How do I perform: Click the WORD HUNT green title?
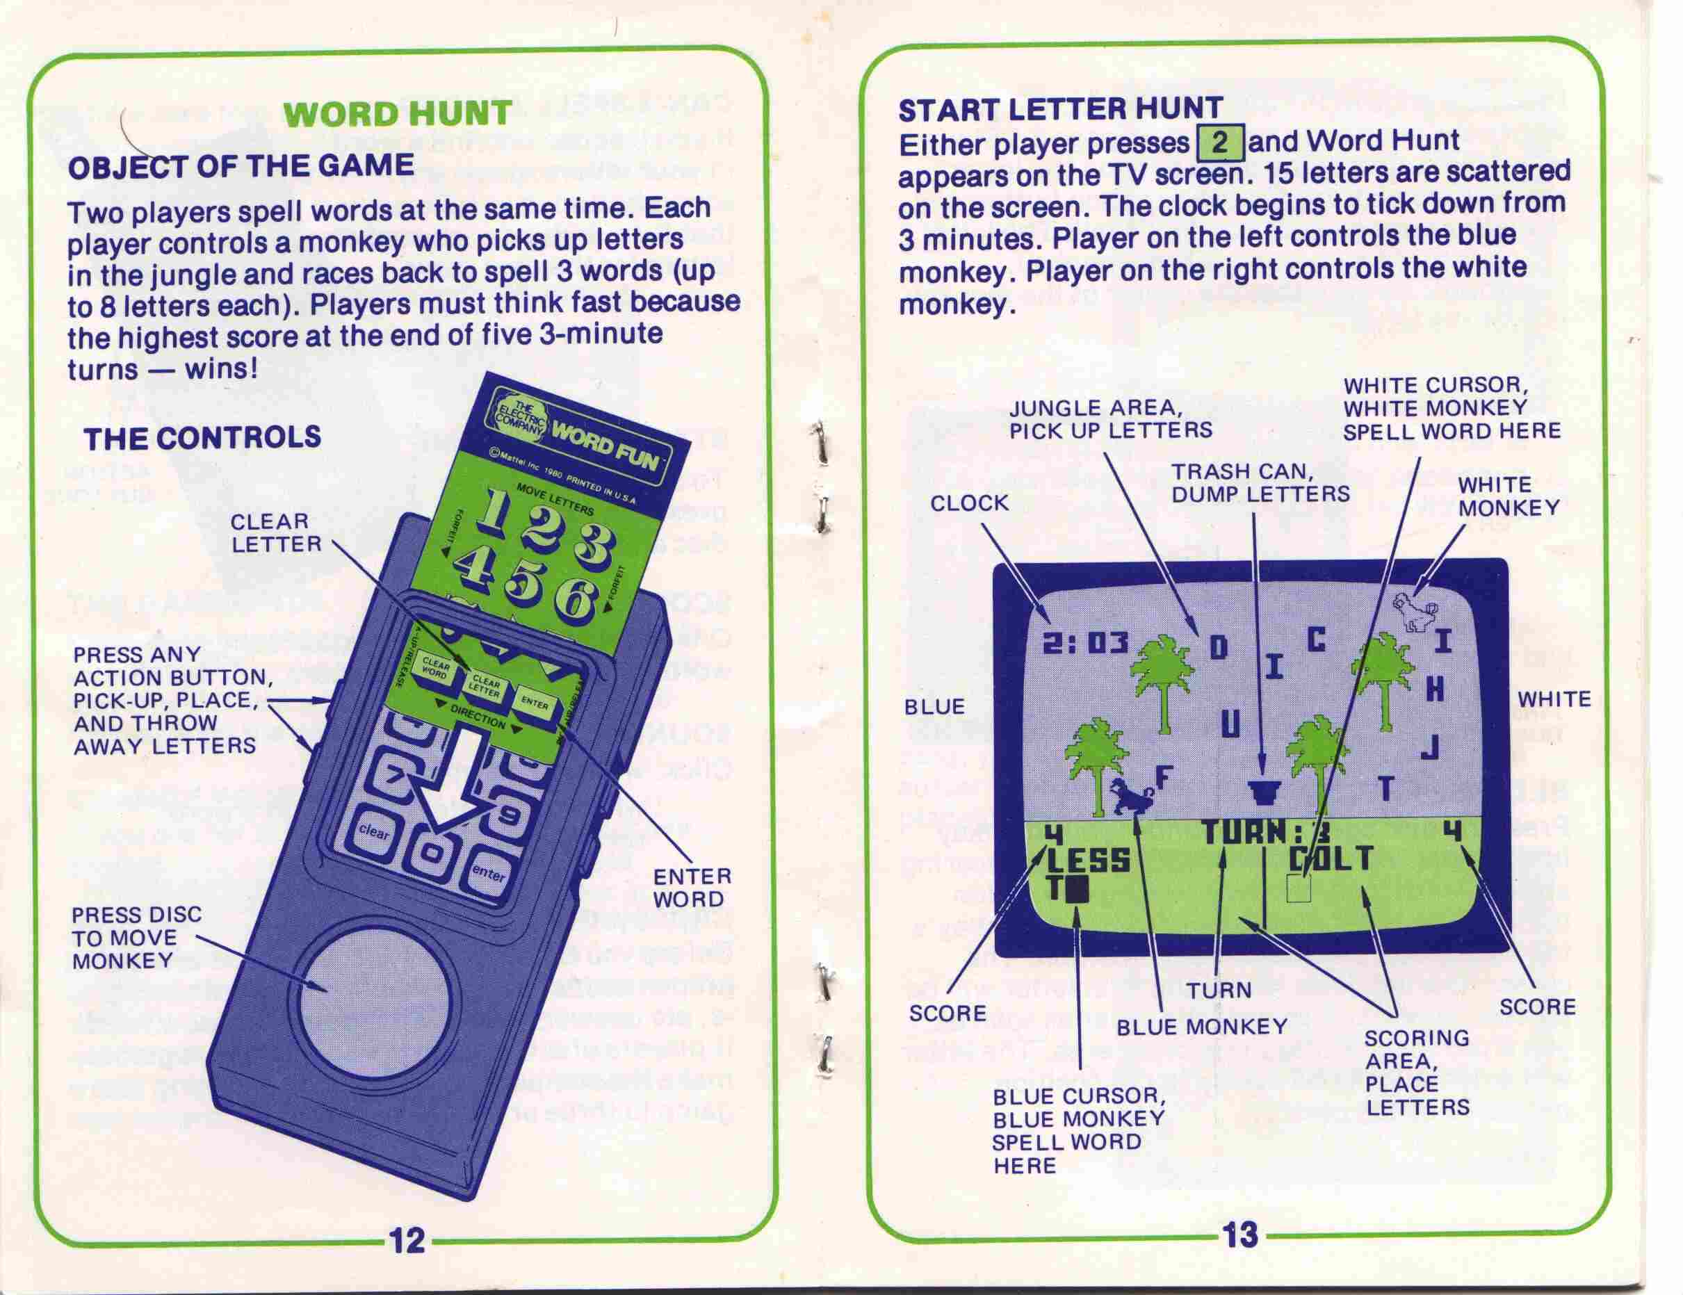398,114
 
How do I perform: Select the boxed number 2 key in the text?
1219,143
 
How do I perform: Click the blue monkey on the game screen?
1130,796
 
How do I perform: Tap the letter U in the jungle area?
1230,724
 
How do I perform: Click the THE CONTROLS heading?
202,437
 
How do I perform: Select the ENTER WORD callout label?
691,888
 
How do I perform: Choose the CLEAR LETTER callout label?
276,532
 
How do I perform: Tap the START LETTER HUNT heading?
1060,108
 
